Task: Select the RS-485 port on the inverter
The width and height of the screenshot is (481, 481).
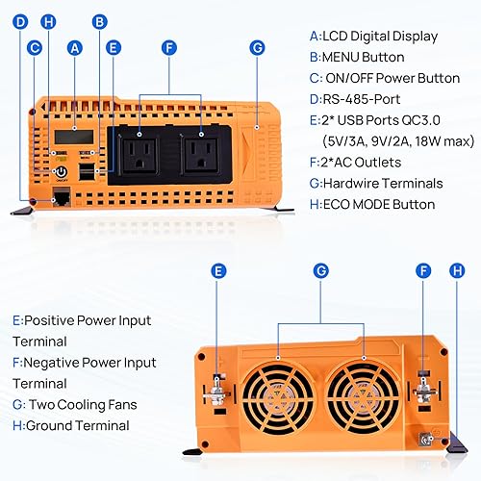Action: [63, 194]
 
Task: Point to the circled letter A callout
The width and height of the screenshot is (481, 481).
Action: [73, 45]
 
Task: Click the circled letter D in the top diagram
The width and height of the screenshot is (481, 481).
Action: [21, 20]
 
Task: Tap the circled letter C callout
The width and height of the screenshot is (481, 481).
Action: [36, 45]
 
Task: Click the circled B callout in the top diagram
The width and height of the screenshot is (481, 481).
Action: [99, 20]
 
